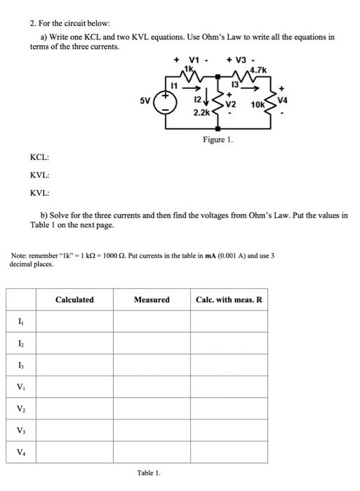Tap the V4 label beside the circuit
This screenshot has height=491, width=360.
tap(283, 100)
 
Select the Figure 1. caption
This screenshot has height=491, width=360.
tap(218, 140)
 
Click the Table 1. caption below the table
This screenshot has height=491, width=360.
tap(148, 472)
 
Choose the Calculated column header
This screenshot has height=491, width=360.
tap(74, 300)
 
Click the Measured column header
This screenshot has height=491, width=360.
tap(152, 300)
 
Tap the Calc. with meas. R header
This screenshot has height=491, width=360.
tap(229, 300)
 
